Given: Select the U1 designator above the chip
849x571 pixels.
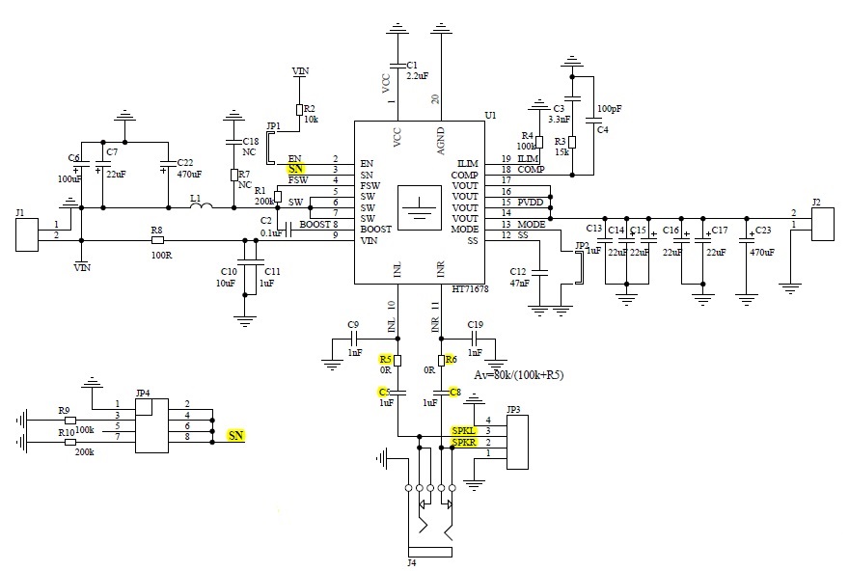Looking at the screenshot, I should click(490, 116).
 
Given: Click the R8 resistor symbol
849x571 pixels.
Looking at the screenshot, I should click(157, 240).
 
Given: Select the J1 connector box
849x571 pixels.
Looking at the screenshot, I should click(28, 234).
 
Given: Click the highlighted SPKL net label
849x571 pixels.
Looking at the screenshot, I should click(464, 429).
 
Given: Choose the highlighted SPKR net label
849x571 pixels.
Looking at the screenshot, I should click(464, 442).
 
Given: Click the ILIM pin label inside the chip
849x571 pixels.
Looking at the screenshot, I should click(467, 163).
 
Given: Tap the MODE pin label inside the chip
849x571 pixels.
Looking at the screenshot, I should click(464, 229).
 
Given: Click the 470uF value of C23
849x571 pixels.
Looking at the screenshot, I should click(763, 252).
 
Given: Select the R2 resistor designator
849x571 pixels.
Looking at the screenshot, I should click(310, 108).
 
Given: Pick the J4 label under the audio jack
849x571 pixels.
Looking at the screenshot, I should click(412, 562).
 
